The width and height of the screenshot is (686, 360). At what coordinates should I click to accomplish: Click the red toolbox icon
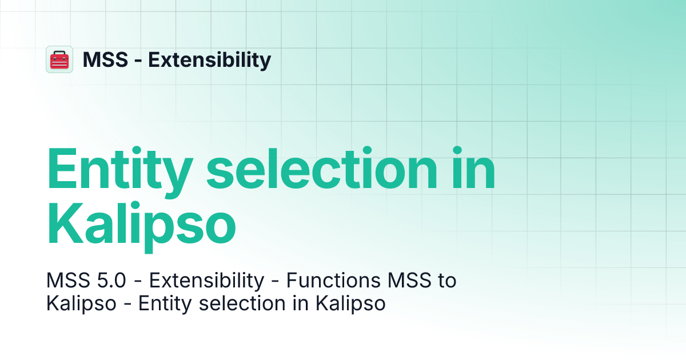click(x=59, y=59)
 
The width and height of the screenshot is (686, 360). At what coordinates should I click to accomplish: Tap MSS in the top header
click(x=105, y=59)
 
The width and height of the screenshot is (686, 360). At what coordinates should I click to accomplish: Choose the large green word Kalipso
click(x=141, y=225)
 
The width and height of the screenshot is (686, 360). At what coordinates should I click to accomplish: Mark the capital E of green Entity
click(x=61, y=170)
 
